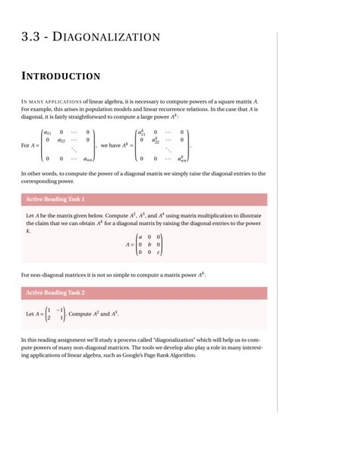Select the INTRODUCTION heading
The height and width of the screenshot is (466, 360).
(61, 76)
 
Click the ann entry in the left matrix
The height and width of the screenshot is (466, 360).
(88, 158)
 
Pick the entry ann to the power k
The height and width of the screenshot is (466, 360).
(182, 158)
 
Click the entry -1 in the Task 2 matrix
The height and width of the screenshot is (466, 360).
(60, 310)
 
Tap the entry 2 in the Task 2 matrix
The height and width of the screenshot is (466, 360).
(49, 318)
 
